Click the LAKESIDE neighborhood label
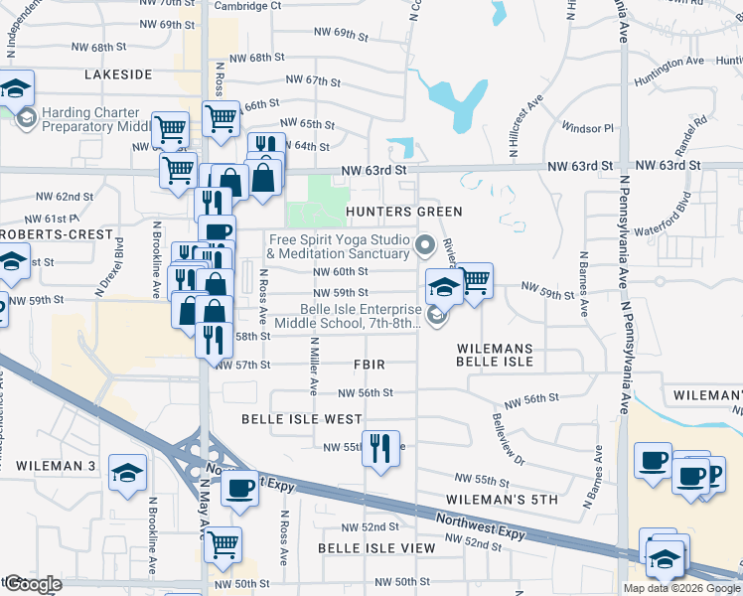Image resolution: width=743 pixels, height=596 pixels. pyautogui.click(x=118, y=74)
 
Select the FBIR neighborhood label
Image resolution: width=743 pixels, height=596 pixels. pyautogui.click(x=369, y=365)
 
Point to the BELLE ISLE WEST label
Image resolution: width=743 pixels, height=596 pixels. pyautogui.click(x=302, y=419)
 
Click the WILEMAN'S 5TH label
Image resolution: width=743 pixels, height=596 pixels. pyautogui.click(x=502, y=500)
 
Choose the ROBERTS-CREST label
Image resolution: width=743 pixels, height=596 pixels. pyautogui.click(x=57, y=234)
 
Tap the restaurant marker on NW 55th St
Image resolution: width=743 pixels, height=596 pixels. pyautogui.click(x=379, y=449)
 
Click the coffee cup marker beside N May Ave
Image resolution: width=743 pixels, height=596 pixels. pyautogui.click(x=239, y=489)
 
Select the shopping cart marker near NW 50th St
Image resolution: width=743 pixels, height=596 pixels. pyautogui.click(x=223, y=543)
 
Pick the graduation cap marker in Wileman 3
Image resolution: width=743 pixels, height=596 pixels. pyautogui.click(x=126, y=474)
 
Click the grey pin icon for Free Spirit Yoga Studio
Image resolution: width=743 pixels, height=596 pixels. pyautogui.click(x=427, y=244)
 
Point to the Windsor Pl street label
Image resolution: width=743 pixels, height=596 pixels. pyautogui.click(x=588, y=128)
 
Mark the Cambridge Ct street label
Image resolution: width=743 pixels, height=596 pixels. pyautogui.click(x=248, y=5)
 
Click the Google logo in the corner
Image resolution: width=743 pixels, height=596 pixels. pyautogui.click(x=32, y=584)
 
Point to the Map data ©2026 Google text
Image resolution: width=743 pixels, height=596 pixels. pyautogui.click(x=681, y=588)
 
